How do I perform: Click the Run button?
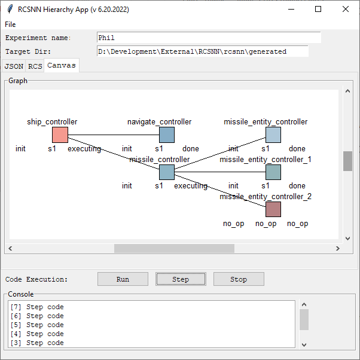click(123, 279)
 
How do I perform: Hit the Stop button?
click(239, 279)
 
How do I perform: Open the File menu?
click(10, 25)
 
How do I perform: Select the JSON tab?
click(14, 66)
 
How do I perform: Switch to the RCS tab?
click(35, 66)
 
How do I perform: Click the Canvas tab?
click(62, 65)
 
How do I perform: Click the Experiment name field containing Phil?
click(209, 38)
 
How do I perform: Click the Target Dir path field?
click(203, 51)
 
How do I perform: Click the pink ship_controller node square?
click(60, 135)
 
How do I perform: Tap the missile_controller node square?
click(167, 172)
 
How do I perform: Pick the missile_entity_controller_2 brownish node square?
click(273, 209)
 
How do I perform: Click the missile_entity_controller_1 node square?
click(273, 172)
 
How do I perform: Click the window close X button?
click(345, 9)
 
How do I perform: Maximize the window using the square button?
click(318, 9)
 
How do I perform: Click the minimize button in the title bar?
click(291, 9)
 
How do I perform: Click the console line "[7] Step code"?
click(37, 307)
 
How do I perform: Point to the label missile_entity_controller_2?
click(266, 196)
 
